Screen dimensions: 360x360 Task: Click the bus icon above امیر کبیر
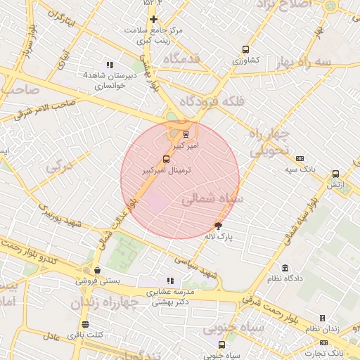point(186,134)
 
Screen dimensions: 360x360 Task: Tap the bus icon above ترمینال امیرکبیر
point(166,159)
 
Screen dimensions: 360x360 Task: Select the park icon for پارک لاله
point(218,226)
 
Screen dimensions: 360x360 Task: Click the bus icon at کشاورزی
point(245,49)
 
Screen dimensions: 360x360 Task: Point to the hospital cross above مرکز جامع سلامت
point(153,19)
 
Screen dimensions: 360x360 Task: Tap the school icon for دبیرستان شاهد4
point(108,65)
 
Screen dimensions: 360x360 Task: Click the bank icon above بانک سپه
point(300,158)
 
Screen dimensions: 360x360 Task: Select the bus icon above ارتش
point(335,174)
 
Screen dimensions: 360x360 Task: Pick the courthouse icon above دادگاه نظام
point(285,268)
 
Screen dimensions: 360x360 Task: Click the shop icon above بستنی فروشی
point(96,270)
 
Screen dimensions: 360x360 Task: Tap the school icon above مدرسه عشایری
point(169,281)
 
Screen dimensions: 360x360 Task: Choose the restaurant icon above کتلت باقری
point(85,324)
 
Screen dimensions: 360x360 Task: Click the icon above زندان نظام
point(323,319)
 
